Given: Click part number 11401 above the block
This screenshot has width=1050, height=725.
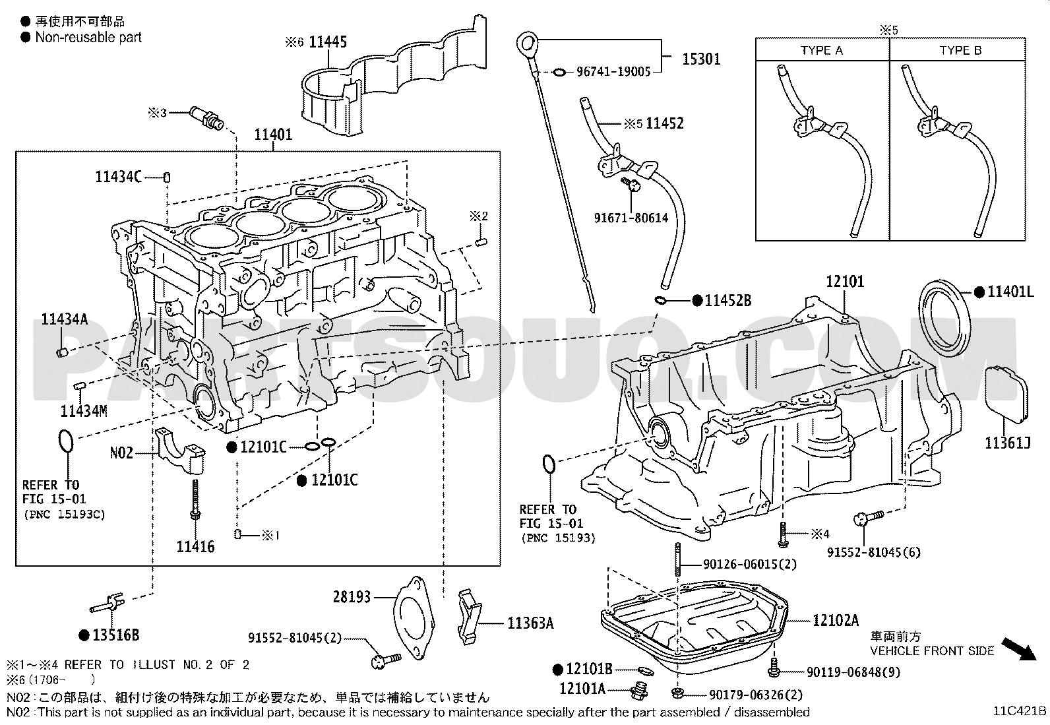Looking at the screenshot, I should pos(273,135).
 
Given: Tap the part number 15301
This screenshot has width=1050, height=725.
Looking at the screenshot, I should pos(700,59).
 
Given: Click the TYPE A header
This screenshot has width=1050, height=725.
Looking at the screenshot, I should pos(821,51).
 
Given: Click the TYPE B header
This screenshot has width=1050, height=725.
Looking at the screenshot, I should pos(960,51).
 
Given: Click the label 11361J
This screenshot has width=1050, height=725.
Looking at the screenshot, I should pos(1007,443).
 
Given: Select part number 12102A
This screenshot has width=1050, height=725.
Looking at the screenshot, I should pos(835,620).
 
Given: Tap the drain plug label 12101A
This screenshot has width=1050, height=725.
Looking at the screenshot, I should pos(582,689).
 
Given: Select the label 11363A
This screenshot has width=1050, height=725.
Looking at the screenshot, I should pos(530,622).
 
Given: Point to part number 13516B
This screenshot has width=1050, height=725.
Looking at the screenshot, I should pos(115,635).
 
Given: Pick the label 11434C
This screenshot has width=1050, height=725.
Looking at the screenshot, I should pos(118,177).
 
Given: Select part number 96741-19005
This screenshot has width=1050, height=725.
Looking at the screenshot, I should pos(613,72).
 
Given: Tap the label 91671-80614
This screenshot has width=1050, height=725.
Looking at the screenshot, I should pos(631,217).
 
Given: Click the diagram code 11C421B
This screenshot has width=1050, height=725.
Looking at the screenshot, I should pos(1020,711).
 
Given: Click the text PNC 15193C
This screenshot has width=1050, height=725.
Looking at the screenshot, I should pos(64,514).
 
